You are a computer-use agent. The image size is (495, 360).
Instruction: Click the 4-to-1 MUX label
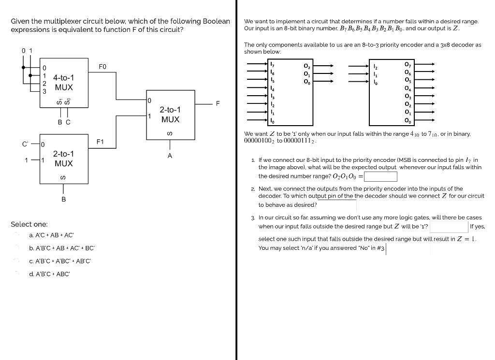coord(64,82)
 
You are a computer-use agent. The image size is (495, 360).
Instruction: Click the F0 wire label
coord(102,66)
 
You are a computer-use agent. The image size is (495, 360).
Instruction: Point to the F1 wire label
coord(100,142)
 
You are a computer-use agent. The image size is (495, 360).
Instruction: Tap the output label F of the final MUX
coord(218,103)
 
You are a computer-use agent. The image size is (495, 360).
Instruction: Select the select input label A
coord(170,156)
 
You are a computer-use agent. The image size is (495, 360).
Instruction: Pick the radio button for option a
coord(18,235)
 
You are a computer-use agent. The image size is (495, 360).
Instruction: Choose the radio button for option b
coord(18,248)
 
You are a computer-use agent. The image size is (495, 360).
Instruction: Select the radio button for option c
coord(18,261)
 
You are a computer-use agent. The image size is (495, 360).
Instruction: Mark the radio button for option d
coord(18,274)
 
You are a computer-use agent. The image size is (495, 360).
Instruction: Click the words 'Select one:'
coord(29,224)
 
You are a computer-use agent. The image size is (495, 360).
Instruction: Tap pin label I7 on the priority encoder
coord(272,64)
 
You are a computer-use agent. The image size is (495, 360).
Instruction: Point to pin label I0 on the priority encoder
coord(272,120)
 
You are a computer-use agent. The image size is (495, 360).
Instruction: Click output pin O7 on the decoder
coord(407,64)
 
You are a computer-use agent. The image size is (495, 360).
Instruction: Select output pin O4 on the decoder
coord(407,88)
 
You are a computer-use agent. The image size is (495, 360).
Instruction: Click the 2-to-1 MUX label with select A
coord(170,115)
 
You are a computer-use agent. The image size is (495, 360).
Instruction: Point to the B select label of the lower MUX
coord(63,199)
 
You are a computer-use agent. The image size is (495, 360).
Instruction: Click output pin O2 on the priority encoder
coord(306,66)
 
